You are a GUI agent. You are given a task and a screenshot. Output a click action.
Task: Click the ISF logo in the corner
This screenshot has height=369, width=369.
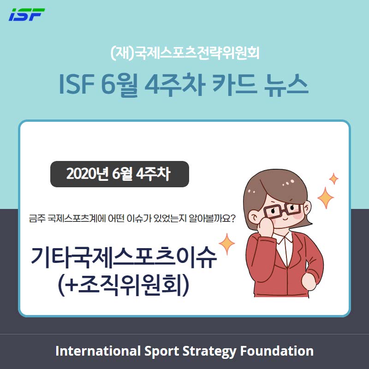[27, 15]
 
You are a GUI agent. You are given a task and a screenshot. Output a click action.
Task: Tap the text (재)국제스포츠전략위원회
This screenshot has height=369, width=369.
[185, 53]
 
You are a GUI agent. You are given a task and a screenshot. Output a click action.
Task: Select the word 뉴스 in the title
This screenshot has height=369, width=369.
[286, 85]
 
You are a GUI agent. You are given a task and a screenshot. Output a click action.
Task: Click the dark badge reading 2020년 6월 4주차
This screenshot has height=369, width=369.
[119, 174]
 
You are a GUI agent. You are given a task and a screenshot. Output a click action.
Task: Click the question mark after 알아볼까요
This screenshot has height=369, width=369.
[232, 218]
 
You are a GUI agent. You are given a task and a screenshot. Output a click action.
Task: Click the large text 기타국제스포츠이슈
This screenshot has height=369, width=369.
[124, 257]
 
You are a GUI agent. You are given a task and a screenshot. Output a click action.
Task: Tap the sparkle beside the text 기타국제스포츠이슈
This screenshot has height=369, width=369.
[226, 244]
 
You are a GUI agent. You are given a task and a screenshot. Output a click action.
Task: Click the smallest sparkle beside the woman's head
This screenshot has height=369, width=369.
[333, 179]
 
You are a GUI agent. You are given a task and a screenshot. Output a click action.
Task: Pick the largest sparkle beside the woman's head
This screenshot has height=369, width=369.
[326, 198]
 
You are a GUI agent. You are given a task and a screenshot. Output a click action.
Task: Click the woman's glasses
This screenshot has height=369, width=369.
[282, 210]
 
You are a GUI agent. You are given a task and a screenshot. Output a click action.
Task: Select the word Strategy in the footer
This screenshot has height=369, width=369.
[209, 351]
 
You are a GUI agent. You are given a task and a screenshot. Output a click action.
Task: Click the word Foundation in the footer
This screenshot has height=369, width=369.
[277, 351]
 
